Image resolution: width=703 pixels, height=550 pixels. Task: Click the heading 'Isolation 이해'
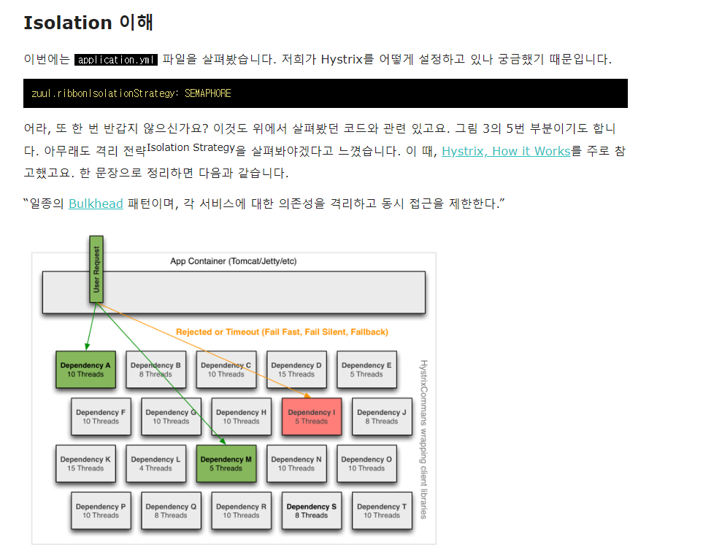point(88,23)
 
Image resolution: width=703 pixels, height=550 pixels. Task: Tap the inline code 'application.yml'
point(116,60)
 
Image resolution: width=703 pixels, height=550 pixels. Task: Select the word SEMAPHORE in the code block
point(207,93)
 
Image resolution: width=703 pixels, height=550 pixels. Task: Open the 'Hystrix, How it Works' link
point(506,152)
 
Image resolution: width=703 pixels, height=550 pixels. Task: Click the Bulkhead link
point(96,204)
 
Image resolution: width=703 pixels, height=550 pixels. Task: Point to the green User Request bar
point(96,269)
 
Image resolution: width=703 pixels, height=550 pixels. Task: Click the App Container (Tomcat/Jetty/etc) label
point(233,261)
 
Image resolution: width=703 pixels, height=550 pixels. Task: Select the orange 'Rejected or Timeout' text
point(282,332)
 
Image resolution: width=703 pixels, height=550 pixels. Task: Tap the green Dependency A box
point(85,370)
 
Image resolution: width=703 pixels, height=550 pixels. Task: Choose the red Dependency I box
point(312,417)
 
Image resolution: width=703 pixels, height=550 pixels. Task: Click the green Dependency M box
point(226,463)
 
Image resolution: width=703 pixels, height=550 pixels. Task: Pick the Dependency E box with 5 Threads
point(366,370)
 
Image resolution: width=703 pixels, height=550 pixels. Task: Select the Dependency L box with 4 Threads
point(156,463)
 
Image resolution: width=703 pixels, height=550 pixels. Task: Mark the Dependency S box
point(312,511)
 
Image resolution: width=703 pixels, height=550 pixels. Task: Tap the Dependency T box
point(382,511)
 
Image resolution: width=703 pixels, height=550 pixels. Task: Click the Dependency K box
point(85,463)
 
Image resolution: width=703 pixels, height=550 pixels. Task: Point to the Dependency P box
point(101,511)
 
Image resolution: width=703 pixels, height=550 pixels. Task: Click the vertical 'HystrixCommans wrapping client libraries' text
point(423,439)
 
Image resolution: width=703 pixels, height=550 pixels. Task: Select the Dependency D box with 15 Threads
point(296,370)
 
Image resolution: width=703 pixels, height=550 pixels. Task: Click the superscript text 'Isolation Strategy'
point(191,147)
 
